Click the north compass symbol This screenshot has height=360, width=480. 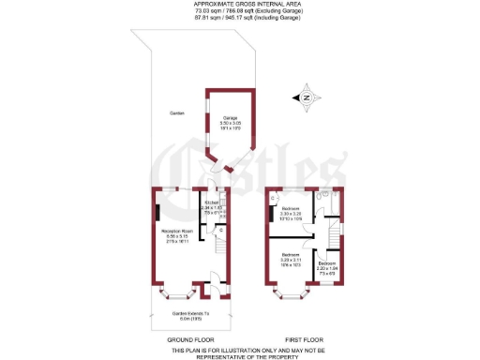click(x=307, y=97)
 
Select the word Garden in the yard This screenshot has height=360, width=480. click(x=176, y=113)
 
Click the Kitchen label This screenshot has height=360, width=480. click(x=212, y=202)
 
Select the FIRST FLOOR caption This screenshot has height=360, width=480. click(x=304, y=338)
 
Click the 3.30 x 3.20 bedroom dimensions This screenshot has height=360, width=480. click(x=291, y=213)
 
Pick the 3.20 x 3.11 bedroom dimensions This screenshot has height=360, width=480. click(x=290, y=260)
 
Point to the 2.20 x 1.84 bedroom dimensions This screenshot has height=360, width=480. click(x=326, y=269)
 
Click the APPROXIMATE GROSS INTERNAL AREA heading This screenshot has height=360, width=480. click(x=239, y=4)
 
